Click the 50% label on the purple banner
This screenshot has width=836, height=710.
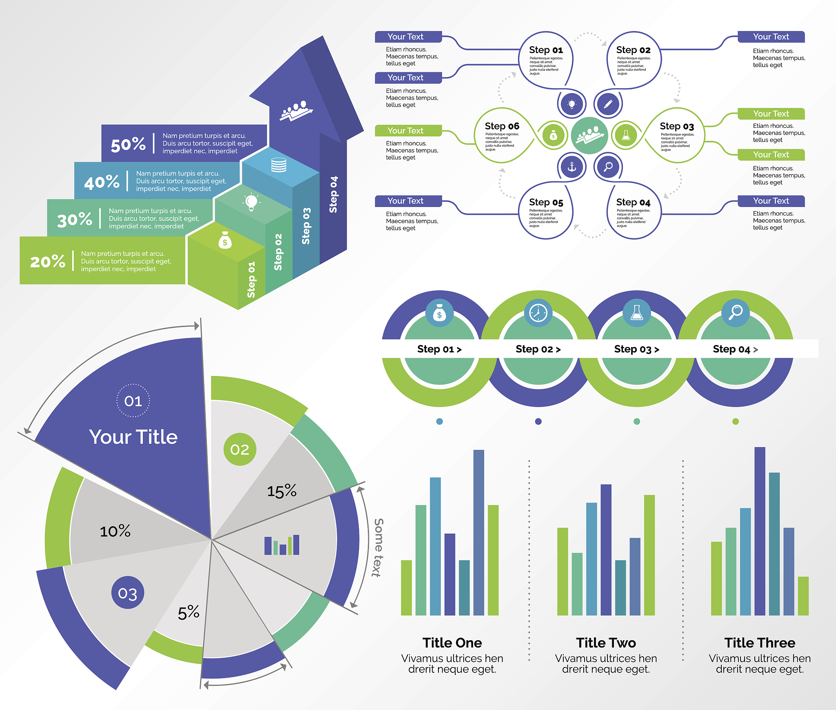[128, 144]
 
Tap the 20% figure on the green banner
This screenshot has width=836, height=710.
[48, 261]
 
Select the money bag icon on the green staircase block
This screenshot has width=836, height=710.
[225, 241]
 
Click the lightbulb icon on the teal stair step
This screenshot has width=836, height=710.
[251, 202]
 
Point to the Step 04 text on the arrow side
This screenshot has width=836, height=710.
[334, 194]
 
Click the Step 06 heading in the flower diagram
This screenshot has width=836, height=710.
[502, 126]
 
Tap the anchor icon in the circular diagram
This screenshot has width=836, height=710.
[571, 167]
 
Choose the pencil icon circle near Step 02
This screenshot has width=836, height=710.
[608, 104]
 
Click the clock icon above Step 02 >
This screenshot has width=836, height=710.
[538, 313]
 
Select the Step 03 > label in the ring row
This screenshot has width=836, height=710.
[636, 349]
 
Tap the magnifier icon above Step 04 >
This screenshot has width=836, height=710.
[736, 312]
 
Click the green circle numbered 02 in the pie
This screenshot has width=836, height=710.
[240, 450]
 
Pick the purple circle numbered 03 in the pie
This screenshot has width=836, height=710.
[127, 593]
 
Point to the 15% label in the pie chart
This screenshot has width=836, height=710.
[282, 491]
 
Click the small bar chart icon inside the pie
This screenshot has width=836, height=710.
[282, 545]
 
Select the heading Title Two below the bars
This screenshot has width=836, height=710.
[606, 643]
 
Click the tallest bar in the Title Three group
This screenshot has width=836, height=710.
[760, 531]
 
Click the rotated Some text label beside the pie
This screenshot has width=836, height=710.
[378, 548]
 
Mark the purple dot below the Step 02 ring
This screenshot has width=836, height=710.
[538, 421]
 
